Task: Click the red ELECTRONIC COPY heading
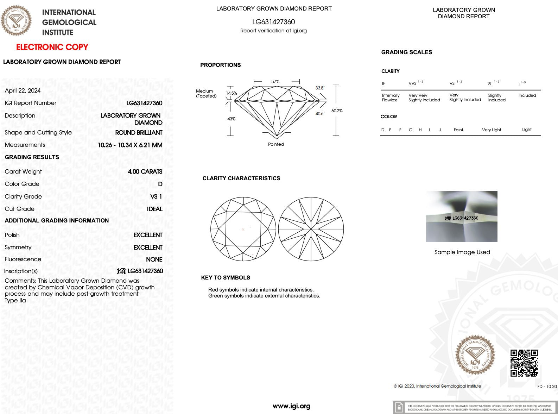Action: point(52,47)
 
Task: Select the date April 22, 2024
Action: point(23,90)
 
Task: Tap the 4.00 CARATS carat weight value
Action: point(145,171)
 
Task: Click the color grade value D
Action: point(160,184)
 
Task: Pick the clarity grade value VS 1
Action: point(156,196)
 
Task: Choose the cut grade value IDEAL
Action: point(154,209)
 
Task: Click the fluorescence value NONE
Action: point(154,259)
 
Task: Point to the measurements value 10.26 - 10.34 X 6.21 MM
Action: point(130,145)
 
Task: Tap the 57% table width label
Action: point(275,82)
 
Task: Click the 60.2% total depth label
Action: point(337,111)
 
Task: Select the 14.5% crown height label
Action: point(231,93)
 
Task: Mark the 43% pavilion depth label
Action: point(231,119)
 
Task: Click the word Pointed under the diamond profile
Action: point(276,144)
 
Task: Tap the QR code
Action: point(524,363)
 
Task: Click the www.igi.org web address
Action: point(291,406)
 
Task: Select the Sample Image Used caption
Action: point(462,252)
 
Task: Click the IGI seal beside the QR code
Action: point(475,356)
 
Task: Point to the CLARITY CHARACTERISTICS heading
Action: point(241,178)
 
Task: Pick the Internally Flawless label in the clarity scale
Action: point(391,98)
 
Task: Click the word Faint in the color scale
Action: point(458,130)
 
